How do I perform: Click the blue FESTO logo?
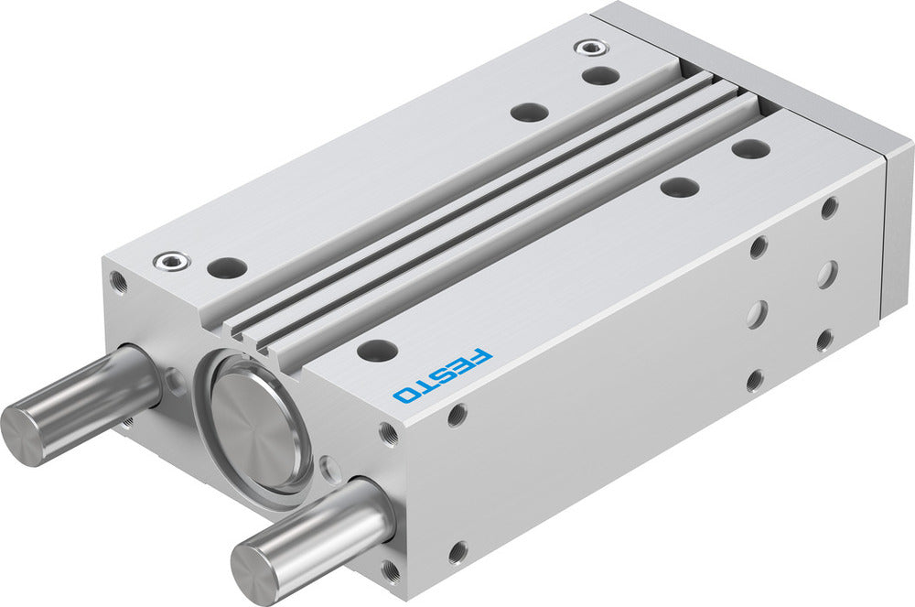(443, 374)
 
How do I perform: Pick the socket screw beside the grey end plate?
(585, 47)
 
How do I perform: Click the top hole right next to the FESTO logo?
(377, 349)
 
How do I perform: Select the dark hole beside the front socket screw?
(226, 268)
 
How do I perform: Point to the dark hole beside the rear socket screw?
(599, 75)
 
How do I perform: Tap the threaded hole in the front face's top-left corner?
(117, 279)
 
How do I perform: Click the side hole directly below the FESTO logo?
(457, 416)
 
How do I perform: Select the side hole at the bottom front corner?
(457, 552)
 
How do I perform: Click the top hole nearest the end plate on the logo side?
(751, 149)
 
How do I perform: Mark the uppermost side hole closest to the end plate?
(830, 208)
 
